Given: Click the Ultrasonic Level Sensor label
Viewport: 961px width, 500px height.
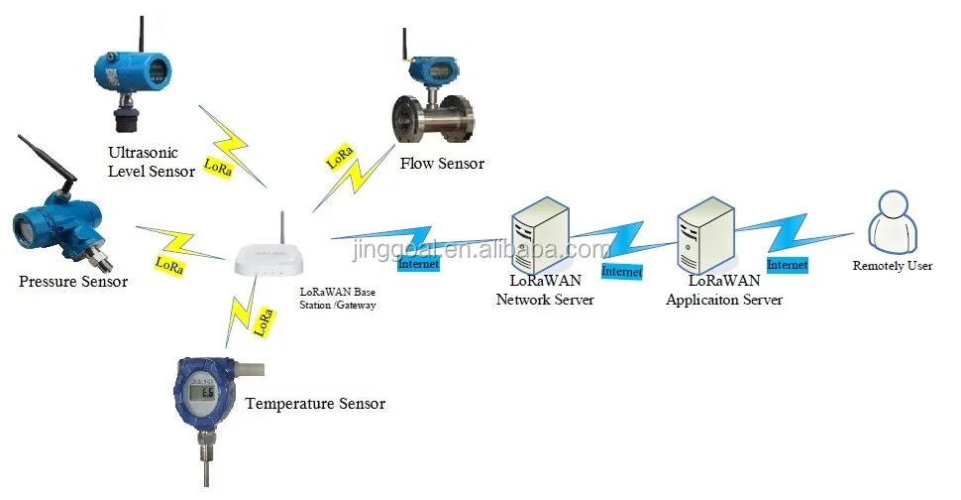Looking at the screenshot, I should tap(153, 163).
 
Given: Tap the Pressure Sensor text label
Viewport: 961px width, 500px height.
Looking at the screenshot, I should tap(73, 282).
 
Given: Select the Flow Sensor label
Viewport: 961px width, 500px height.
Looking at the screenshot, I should tap(442, 163).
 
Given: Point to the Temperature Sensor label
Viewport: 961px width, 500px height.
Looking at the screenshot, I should tap(315, 404).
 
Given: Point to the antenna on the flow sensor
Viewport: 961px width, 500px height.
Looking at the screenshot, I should tap(406, 50).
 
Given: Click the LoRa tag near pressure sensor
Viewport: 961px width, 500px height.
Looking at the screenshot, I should tap(169, 266).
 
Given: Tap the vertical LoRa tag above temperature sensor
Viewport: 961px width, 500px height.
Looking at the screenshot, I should tap(265, 320).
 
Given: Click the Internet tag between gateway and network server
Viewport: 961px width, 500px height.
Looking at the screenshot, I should tap(417, 264).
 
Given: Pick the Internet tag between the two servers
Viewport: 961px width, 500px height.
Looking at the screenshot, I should tap(622, 270).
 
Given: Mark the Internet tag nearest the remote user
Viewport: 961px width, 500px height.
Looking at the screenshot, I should tap(788, 265).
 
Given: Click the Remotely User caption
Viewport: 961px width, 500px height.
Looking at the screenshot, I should tap(893, 267).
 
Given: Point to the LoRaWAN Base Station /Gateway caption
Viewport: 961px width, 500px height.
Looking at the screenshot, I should tap(338, 298).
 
